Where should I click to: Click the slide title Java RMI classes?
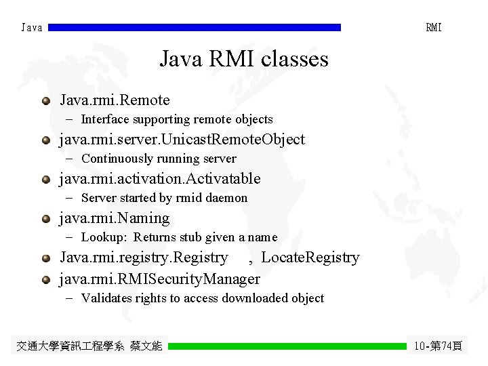[x=244, y=59]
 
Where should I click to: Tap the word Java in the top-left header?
[x=32, y=28]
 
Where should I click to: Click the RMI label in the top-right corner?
[x=434, y=28]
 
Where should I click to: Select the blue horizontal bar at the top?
[x=195, y=28]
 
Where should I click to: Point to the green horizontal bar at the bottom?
[x=287, y=346]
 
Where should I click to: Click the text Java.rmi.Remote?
[x=115, y=100]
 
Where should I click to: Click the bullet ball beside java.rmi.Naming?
[x=45, y=219]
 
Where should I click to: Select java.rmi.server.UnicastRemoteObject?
[x=182, y=140]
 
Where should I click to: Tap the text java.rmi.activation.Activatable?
[x=160, y=179]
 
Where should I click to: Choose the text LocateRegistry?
[x=310, y=258]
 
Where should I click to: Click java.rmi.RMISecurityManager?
[x=160, y=279]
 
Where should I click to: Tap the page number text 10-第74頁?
[x=438, y=346]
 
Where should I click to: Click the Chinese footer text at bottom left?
[x=89, y=346]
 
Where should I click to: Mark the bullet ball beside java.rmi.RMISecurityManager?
[x=45, y=279]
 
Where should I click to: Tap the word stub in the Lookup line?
[x=207, y=237]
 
